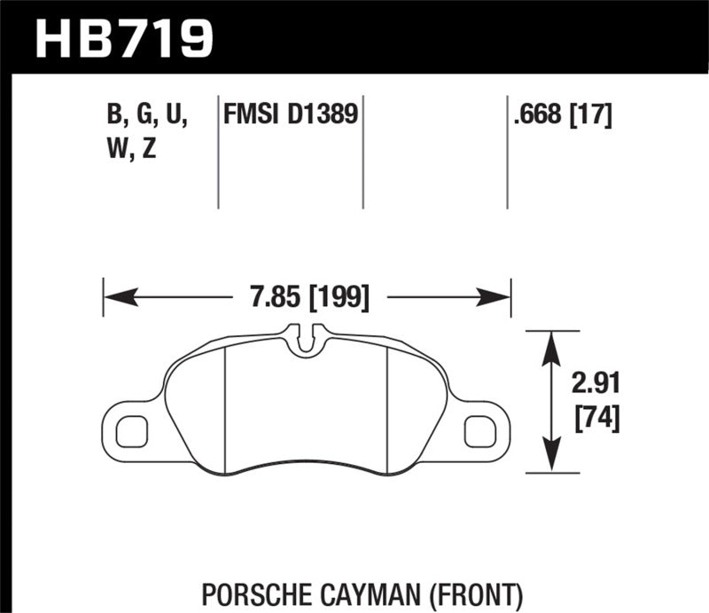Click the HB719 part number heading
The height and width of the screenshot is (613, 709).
pos(124,37)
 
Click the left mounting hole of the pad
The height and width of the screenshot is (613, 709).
pos(130,430)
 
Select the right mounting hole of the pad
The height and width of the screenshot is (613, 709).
pos(479,430)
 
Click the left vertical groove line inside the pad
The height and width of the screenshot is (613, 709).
pos(225,408)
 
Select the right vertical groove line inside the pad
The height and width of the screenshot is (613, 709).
pos(390,408)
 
